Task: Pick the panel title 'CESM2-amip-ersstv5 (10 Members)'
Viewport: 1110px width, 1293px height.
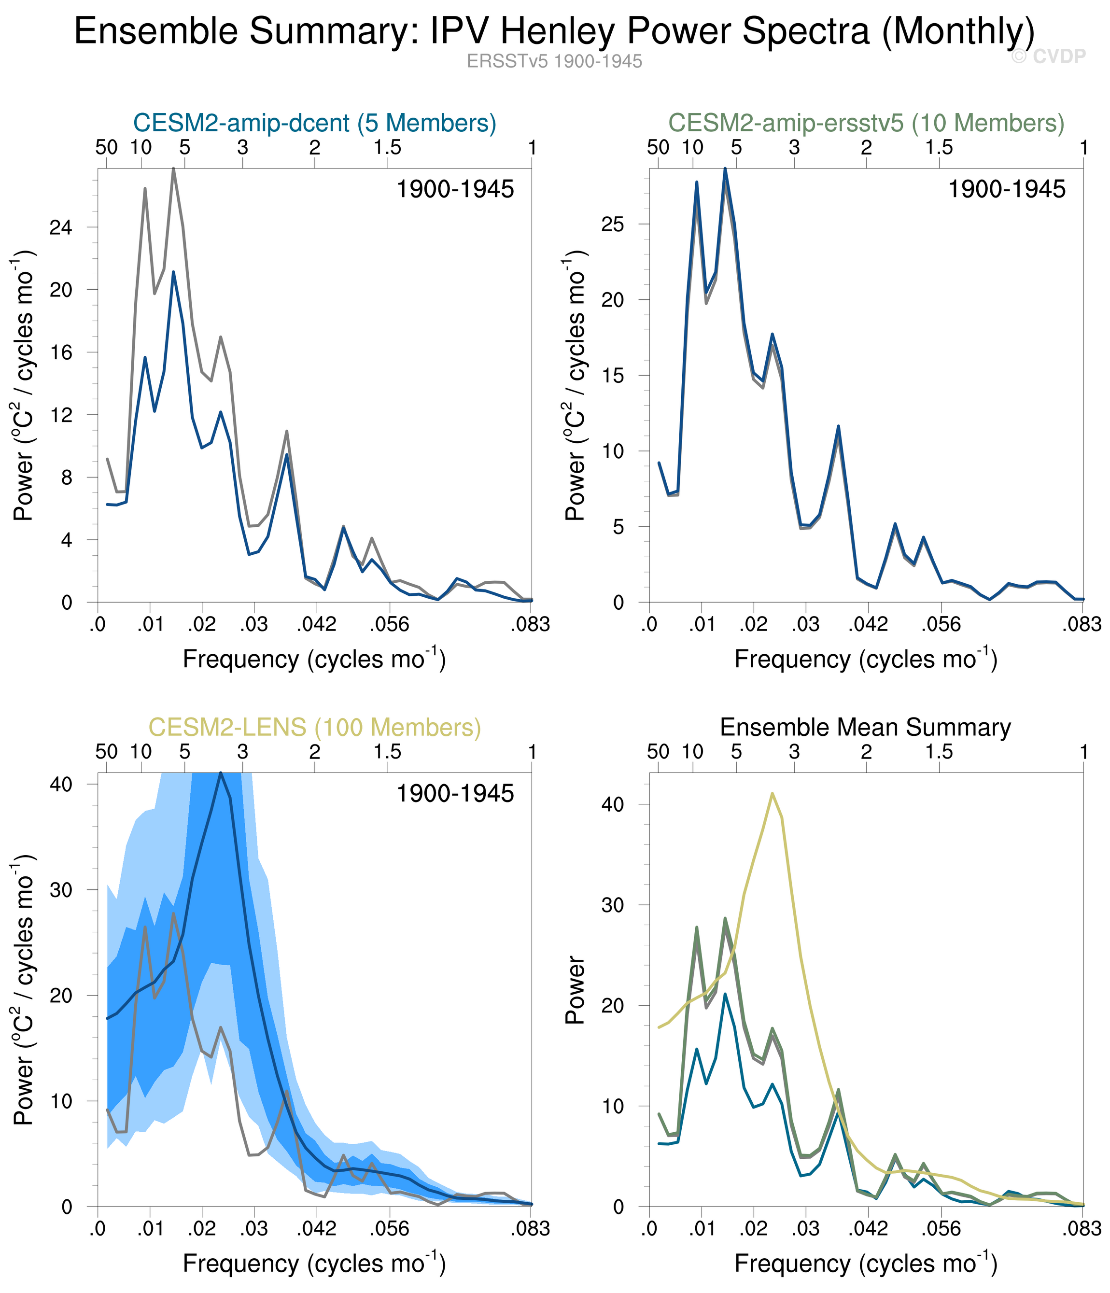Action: pos(866,123)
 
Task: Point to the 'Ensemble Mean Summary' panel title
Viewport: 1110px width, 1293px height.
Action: pos(865,727)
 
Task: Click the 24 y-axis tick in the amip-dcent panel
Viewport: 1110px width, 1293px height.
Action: pos(60,227)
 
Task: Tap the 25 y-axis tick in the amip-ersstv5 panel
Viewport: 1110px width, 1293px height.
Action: pos(613,224)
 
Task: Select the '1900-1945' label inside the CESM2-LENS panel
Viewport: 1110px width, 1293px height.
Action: pos(455,794)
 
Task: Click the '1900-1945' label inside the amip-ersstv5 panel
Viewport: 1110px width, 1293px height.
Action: pos(1006,189)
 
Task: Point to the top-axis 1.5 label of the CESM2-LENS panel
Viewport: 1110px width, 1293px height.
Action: pos(388,752)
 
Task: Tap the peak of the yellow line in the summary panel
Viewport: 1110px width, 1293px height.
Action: pos(773,793)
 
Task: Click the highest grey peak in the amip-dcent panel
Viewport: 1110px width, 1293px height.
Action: pos(173,168)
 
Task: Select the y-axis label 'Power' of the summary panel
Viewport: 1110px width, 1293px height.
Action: pos(575,990)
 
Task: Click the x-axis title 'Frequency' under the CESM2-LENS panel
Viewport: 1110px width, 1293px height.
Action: pos(314,1263)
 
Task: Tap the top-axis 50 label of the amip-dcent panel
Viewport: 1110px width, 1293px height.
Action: pos(107,148)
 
